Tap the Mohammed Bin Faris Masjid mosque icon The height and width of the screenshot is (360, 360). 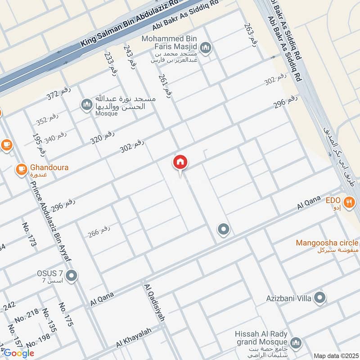coord(206,48)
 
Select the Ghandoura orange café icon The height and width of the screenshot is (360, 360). coord(21,169)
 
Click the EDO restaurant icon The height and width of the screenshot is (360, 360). coord(348,201)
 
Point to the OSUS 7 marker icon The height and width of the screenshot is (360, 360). coord(71,274)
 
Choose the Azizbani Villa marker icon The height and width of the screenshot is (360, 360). coord(320,297)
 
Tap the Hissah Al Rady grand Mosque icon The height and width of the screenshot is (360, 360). coord(296,343)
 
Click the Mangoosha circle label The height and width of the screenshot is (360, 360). coord(327,243)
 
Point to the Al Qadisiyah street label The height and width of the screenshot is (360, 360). coord(154,302)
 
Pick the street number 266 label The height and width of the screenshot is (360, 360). coord(99,232)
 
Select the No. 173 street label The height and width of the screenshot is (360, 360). coord(28,234)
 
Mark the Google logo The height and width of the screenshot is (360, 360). coord(19,353)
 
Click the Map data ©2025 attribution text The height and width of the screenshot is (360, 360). coord(335,356)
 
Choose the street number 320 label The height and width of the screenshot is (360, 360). coord(102,137)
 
